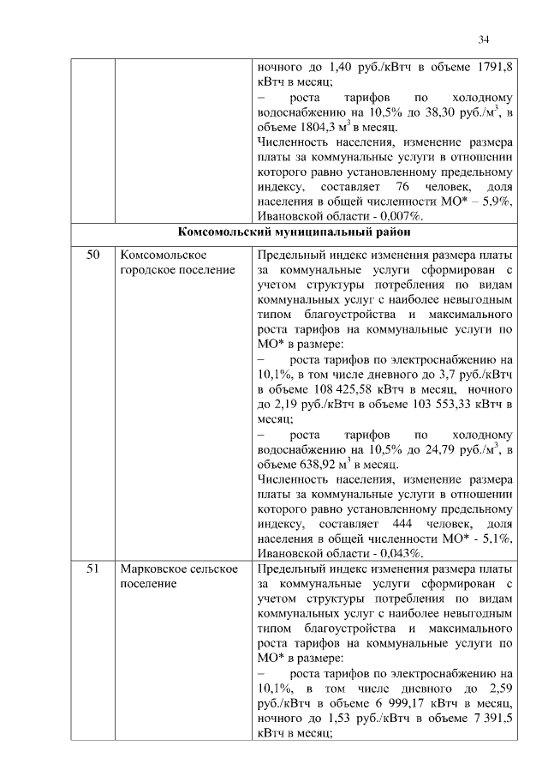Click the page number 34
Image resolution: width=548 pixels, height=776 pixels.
tap(484, 39)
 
